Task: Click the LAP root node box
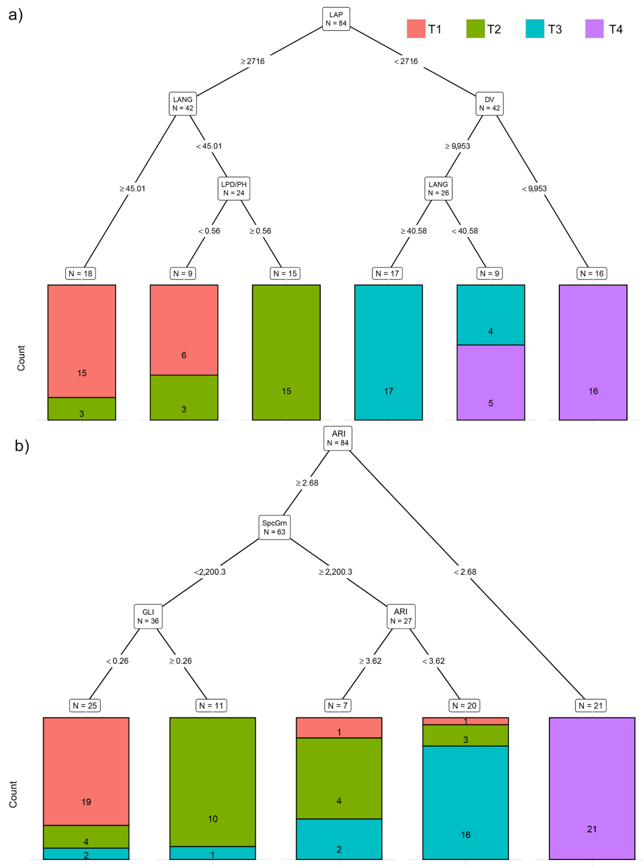(x=336, y=19)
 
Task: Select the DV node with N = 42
(x=489, y=104)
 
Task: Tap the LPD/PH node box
(x=234, y=188)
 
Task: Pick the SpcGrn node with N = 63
(x=274, y=527)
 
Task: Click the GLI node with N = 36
(x=148, y=616)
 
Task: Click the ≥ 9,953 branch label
(x=458, y=146)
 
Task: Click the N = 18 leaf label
(x=81, y=273)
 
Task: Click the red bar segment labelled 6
(x=184, y=330)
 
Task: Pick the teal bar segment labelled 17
(x=388, y=352)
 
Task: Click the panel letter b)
(x=22, y=446)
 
